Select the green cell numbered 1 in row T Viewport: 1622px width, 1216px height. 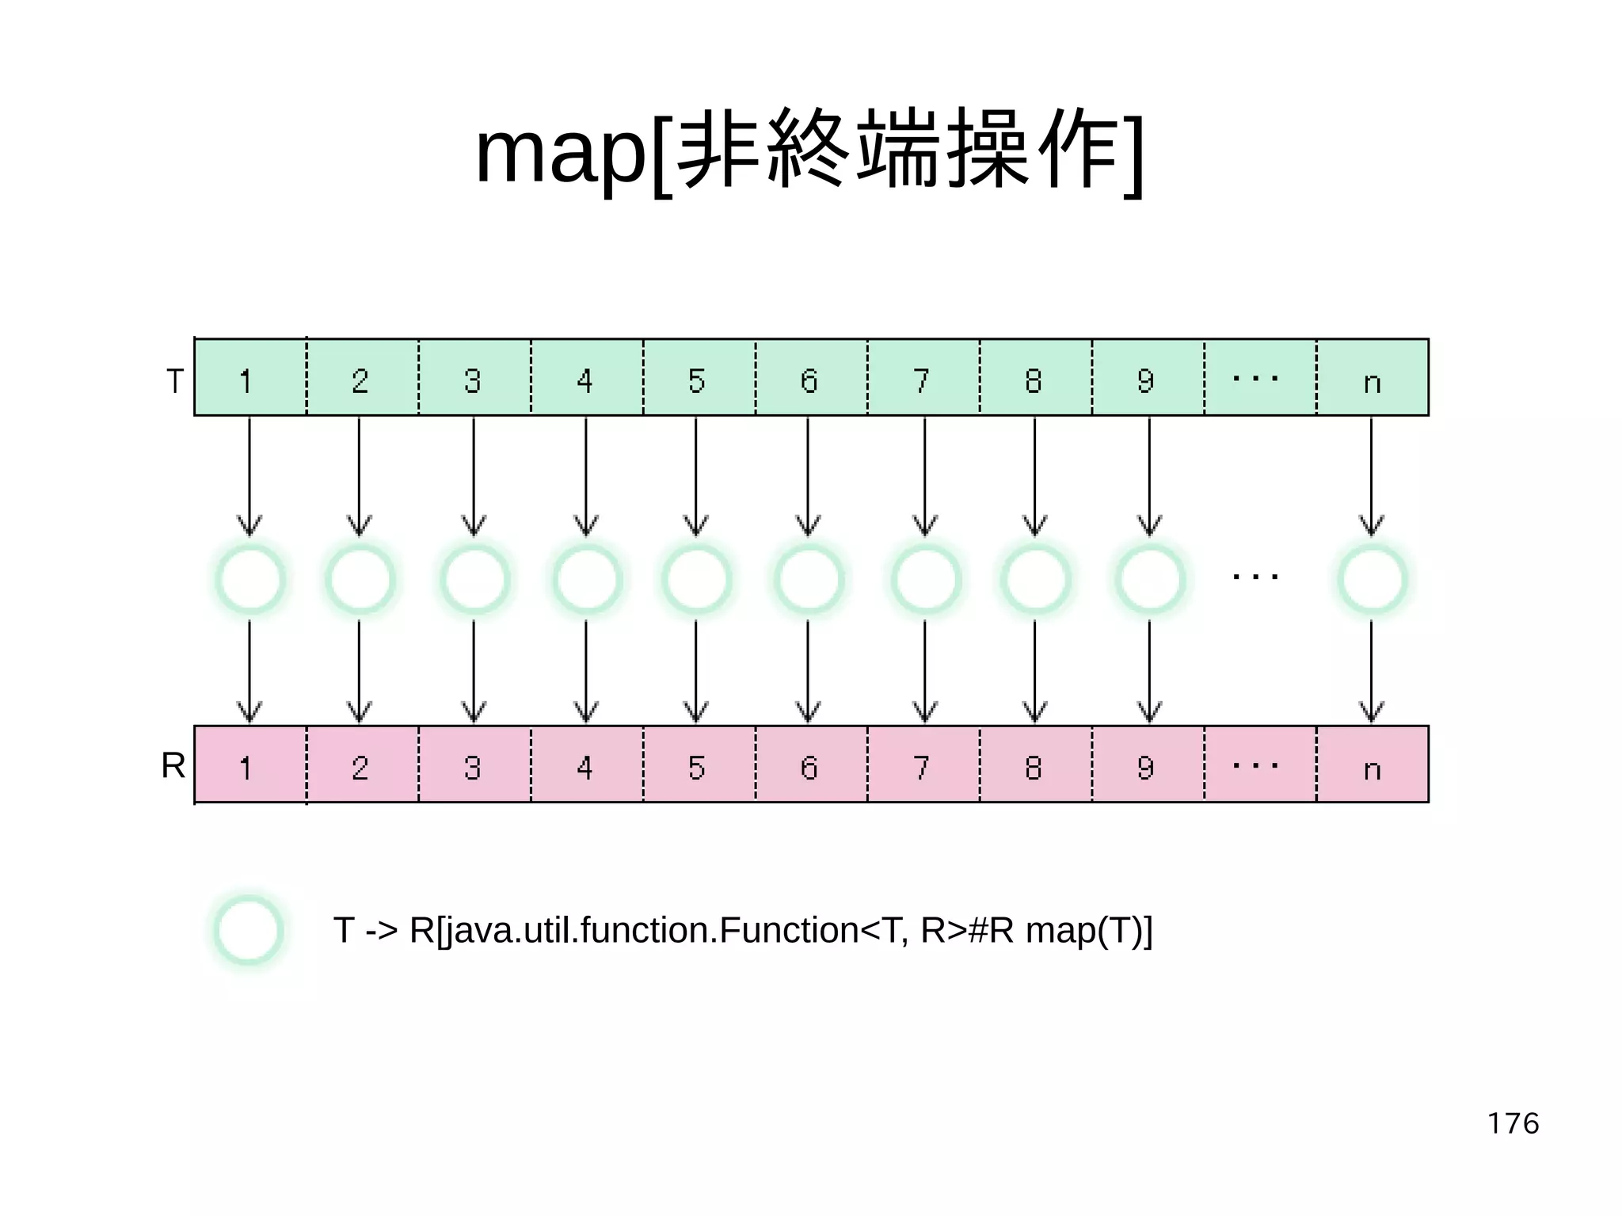pyautogui.click(x=249, y=378)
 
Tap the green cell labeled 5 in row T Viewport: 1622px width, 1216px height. pyautogui.click(x=698, y=378)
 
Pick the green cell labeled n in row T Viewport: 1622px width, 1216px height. pyautogui.click(x=1373, y=378)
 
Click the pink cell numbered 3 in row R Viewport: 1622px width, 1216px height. pyautogui.click(x=474, y=764)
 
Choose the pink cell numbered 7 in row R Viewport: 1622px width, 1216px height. pyautogui.click(x=923, y=764)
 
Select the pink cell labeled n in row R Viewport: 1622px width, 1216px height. pyautogui.click(x=1373, y=764)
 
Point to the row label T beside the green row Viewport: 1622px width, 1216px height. pyautogui.click(x=175, y=381)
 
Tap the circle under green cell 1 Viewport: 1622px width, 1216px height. pyautogui.click(x=249, y=580)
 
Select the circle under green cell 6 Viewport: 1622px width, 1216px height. pyautogui.click(x=809, y=580)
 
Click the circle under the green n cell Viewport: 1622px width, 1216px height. pyautogui.click(x=1372, y=580)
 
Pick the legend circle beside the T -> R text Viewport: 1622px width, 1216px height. pyautogui.click(x=248, y=931)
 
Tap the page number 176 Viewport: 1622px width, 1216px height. pyautogui.click(x=1513, y=1123)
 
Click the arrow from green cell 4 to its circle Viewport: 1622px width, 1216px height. pyautogui.click(x=586, y=475)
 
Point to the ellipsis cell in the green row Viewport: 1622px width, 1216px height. pyautogui.click(x=1259, y=378)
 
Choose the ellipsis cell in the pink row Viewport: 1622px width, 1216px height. pyautogui.click(x=1259, y=764)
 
